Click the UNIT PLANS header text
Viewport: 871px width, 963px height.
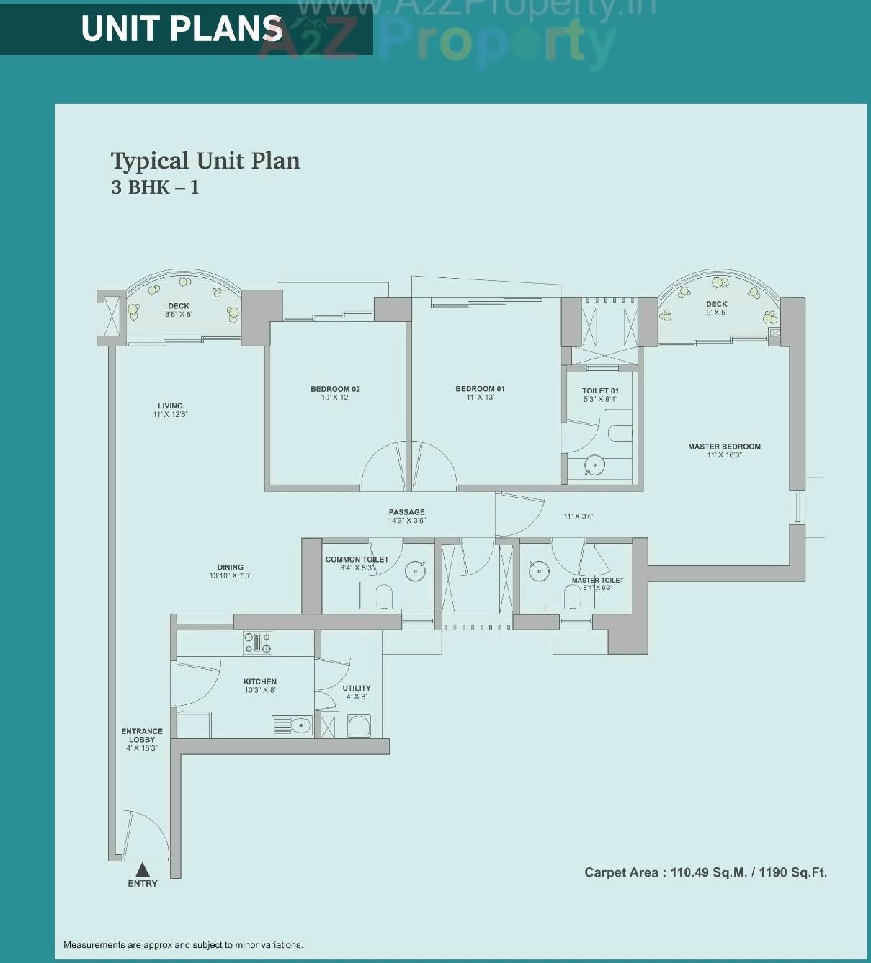point(182,29)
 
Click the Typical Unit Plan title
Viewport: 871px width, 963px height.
point(205,161)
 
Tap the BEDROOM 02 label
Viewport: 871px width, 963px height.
point(335,389)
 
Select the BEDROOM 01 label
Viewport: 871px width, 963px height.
point(480,389)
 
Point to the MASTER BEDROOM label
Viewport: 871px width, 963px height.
point(724,447)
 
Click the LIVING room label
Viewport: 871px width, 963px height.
point(171,406)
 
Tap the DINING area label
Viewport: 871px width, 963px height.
point(231,568)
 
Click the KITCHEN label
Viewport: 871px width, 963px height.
point(260,681)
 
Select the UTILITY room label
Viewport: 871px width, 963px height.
point(357,689)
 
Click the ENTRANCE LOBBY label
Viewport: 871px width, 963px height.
point(142,735)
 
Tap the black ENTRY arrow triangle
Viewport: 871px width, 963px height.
point(143,870)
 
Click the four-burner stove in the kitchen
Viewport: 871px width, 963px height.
point(257,642)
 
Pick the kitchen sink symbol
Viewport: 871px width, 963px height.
point(292,725)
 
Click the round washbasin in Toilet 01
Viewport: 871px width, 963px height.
point(594,465)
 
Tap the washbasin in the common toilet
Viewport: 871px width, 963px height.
point(415,571)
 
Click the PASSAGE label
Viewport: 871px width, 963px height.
point(407,512)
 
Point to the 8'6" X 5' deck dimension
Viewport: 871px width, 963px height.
point(179,315)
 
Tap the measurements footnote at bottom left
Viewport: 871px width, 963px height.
point(183,944)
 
